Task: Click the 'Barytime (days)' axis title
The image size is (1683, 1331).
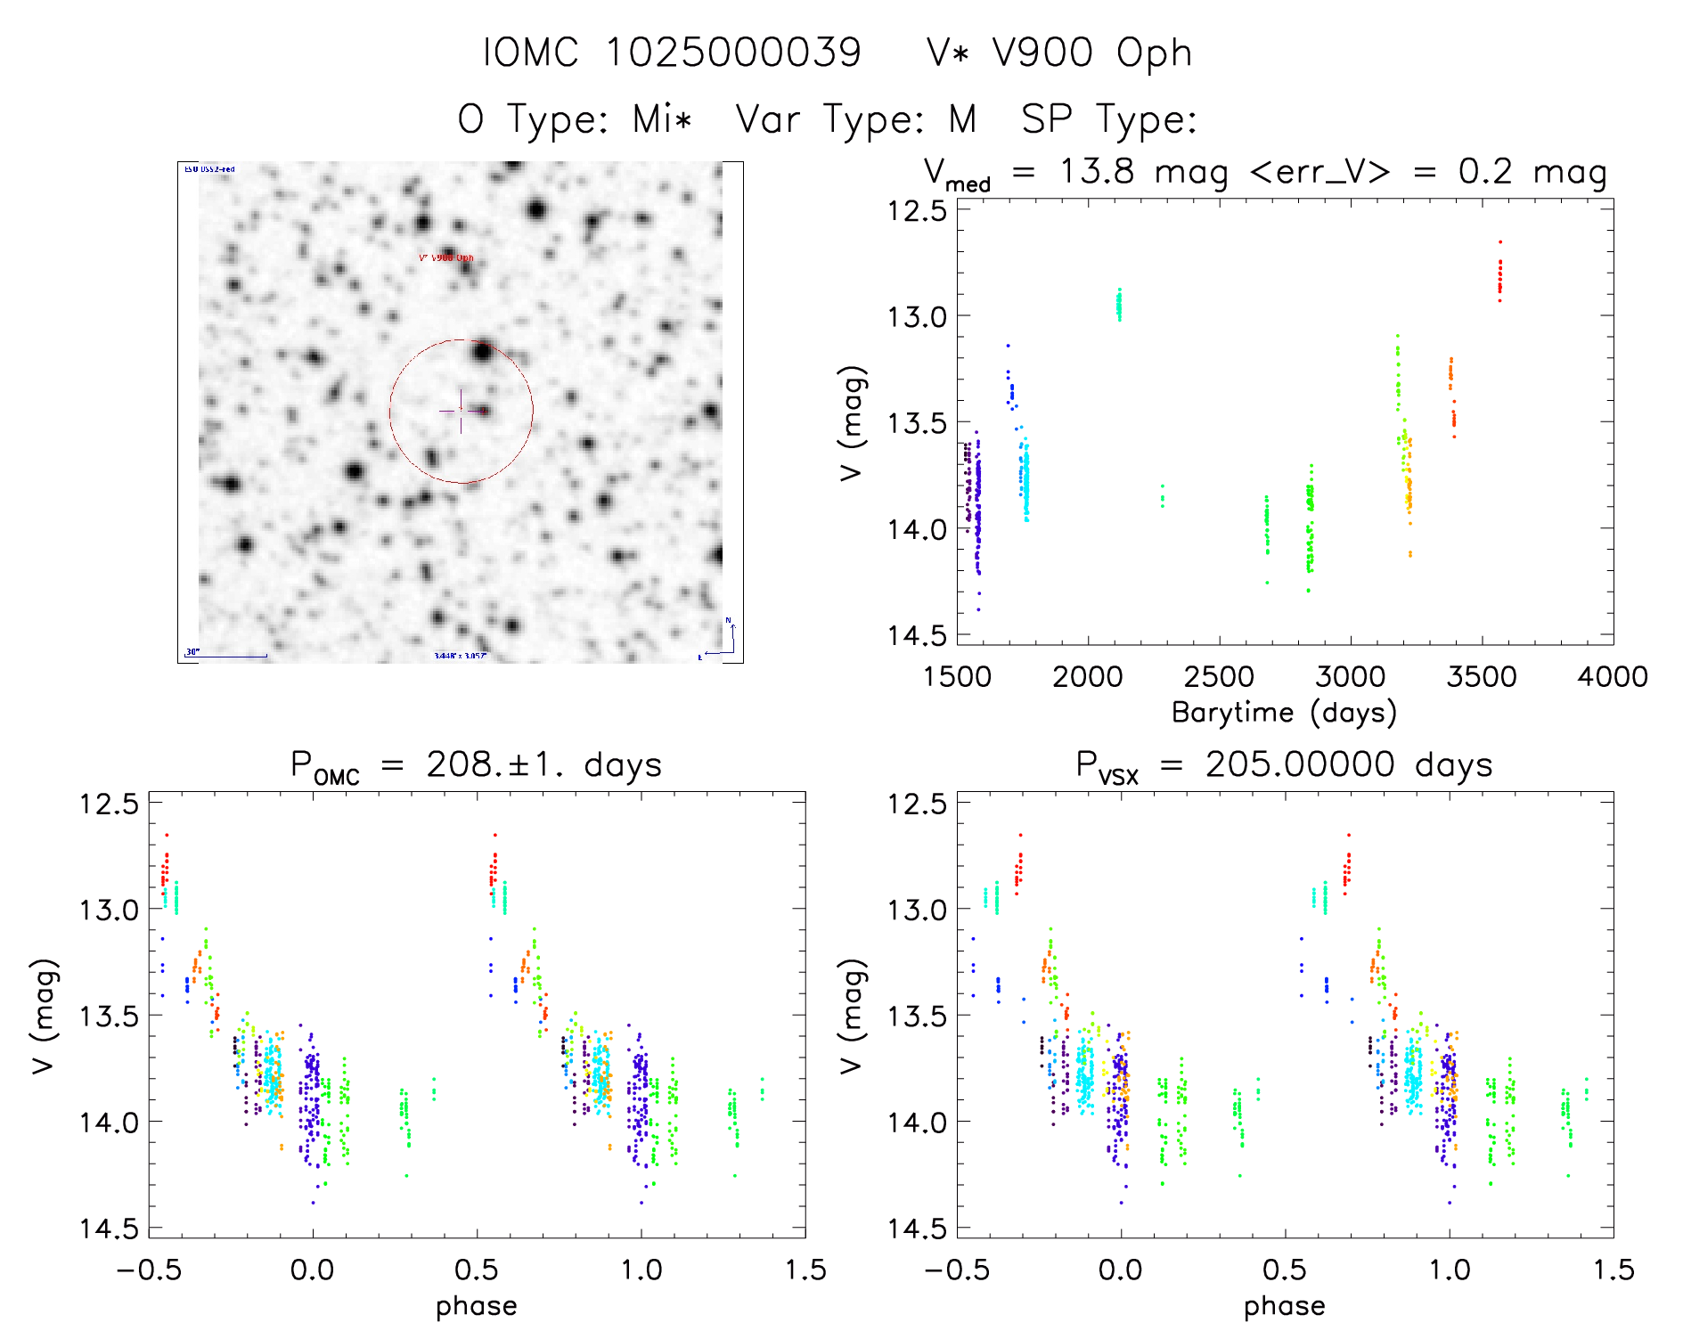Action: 1284,713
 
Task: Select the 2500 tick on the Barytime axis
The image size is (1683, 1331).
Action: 1219,677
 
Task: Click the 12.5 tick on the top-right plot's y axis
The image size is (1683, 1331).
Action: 916,211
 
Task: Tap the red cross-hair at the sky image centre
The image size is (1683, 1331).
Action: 461,411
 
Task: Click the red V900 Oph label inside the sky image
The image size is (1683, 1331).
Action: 446,258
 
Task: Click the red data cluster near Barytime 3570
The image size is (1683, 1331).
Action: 1499,274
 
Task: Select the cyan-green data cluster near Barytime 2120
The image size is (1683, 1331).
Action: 1119,305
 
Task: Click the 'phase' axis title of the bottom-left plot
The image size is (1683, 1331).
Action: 476,1306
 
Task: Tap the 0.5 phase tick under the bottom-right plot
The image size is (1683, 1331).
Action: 1284,1270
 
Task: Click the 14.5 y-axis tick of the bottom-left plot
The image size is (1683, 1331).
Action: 109,1229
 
